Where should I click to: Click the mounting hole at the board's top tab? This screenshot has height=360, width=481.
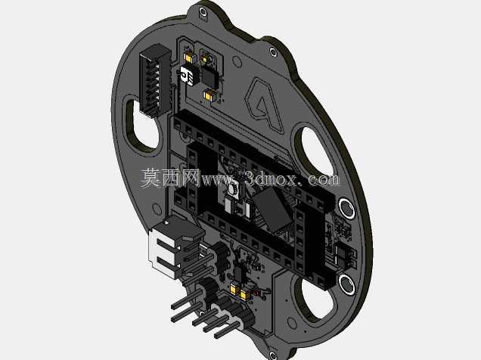203,12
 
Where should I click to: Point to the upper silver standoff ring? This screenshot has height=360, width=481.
346,209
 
